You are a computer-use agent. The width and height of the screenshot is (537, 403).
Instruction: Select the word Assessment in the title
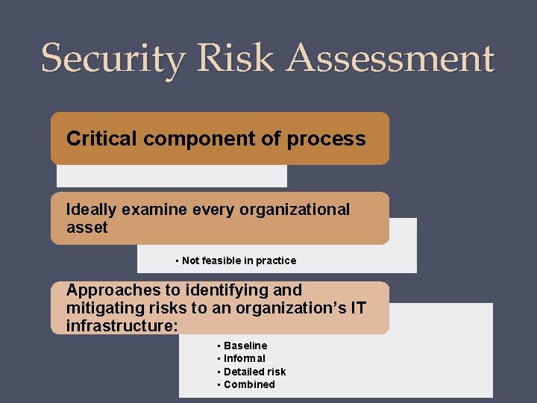pyautogui.click(x=392, y=58)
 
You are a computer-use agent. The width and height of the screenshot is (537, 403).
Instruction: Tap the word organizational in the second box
pyautogui.click(x=295, y=210)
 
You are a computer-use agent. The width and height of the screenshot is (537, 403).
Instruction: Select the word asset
pyautogui.click(x=87, y=228)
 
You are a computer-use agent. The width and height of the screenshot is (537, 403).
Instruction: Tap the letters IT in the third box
pyautogui.click(x=358, y=307)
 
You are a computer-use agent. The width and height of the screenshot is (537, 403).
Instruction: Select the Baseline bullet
pyautogui.click(x=245, y=346)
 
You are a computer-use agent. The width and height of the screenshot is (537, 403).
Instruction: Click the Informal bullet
pyautogui.click(x=244, y=358)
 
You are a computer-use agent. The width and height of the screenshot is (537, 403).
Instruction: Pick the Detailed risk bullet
pyautogui.click(x=254, y=372)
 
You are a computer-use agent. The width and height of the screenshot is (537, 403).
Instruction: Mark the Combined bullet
pyautogui.click(x=248, y=384)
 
